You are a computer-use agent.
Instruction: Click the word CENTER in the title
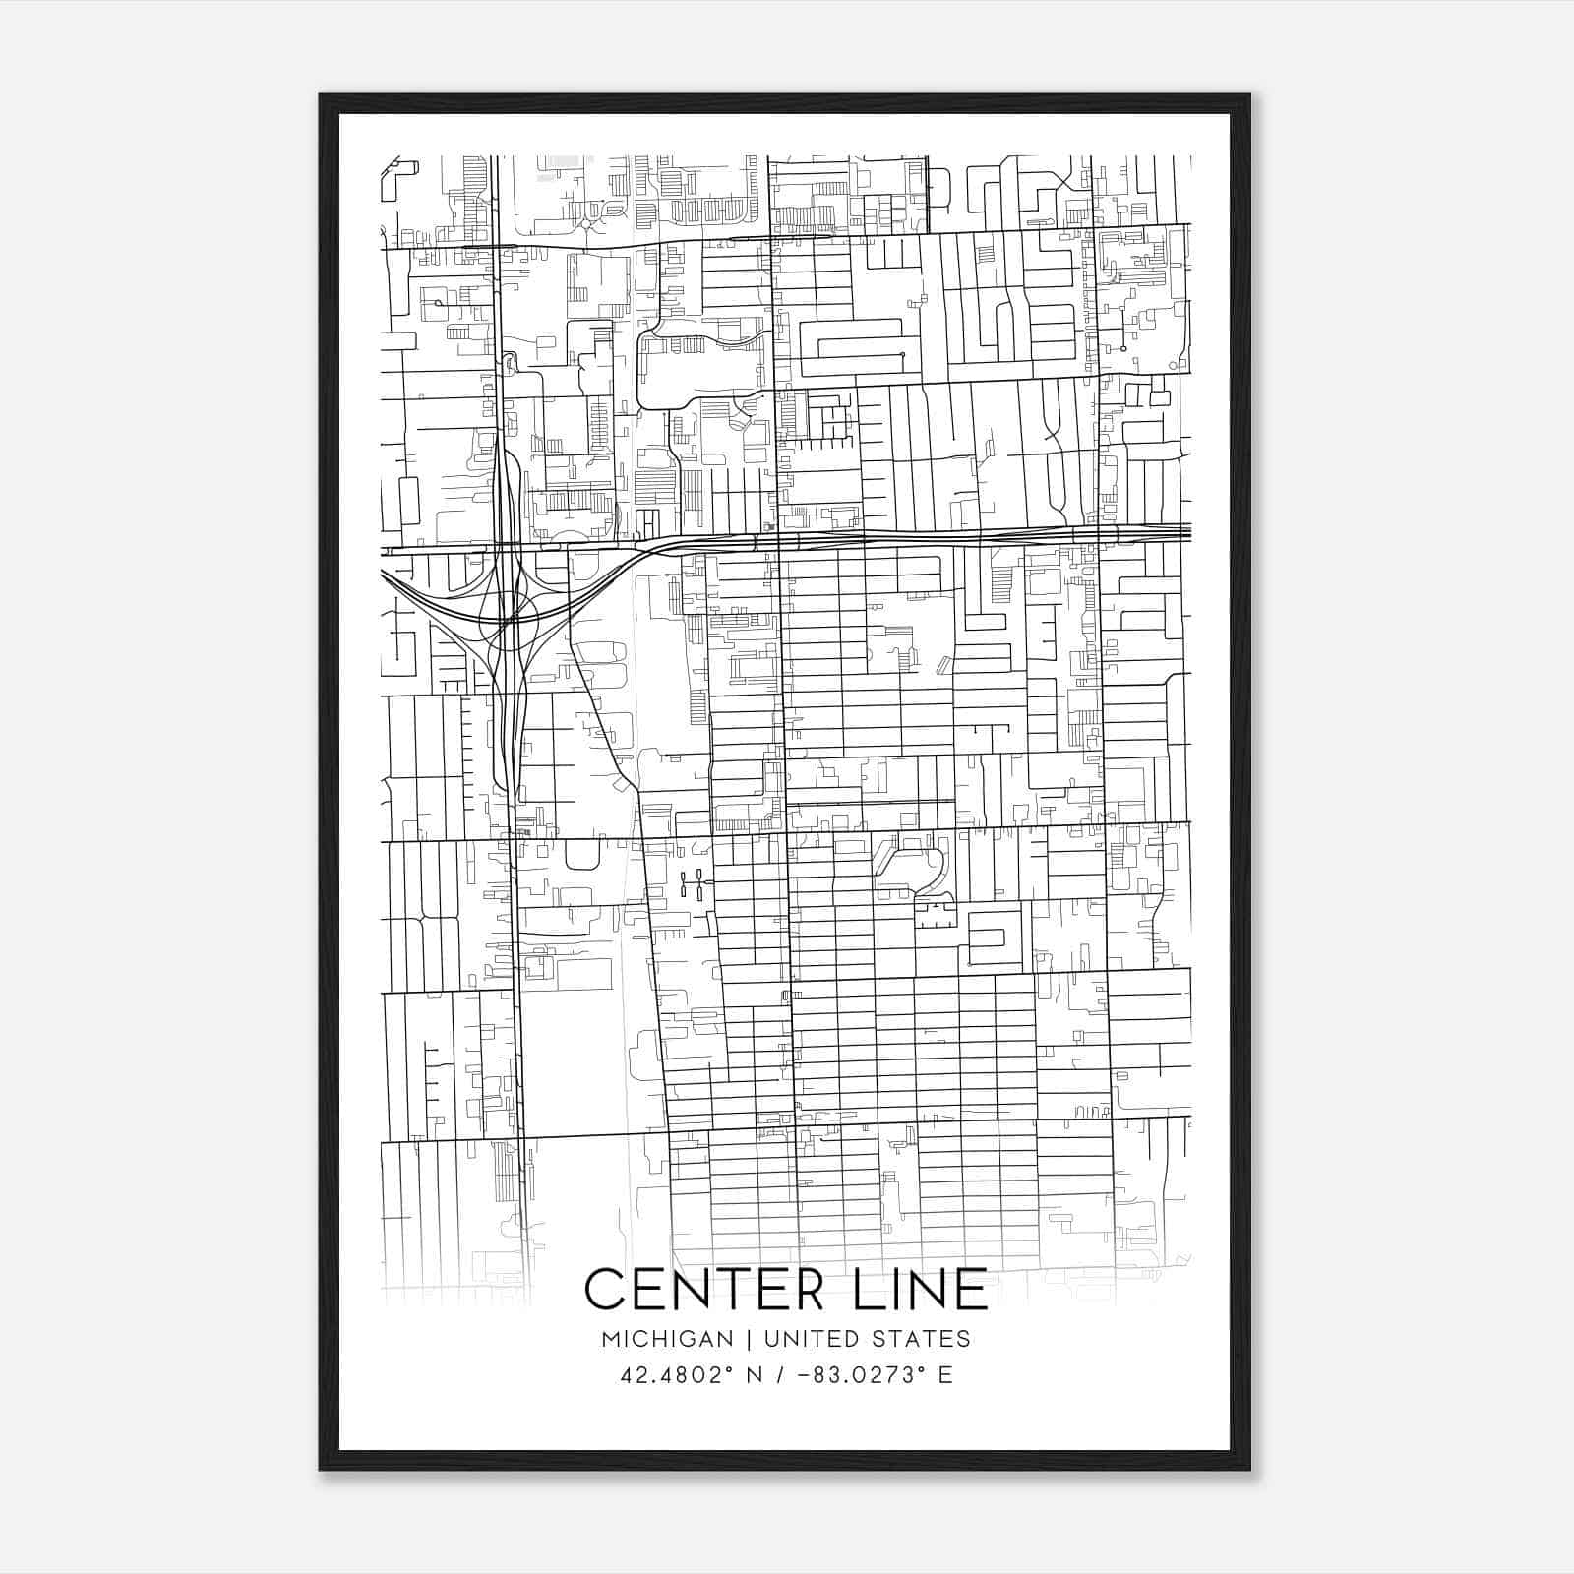coord(700,1289)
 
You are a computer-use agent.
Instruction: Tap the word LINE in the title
coord(914,1289)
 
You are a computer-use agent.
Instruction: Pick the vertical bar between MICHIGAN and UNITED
coord(749,1339)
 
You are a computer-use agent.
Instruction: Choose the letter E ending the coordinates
coord(945,1375)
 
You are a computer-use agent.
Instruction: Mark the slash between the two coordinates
coord(783,1375)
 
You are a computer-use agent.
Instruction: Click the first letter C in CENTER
coord(604,1289)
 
